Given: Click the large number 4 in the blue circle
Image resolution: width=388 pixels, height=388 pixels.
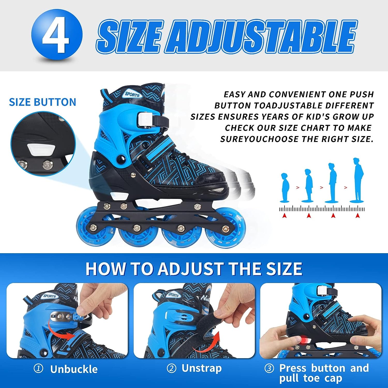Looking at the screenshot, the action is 56,36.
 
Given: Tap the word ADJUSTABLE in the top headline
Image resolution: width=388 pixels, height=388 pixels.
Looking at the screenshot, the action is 261,36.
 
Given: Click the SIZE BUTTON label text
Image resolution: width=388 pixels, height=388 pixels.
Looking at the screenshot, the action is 43,102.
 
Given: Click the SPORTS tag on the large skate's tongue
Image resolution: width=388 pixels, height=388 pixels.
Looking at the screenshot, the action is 132,94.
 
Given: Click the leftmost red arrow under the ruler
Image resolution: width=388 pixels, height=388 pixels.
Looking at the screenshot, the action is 284,215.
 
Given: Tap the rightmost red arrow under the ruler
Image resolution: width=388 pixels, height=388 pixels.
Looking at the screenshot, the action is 357,215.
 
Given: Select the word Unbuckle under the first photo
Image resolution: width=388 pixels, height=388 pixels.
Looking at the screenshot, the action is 74,369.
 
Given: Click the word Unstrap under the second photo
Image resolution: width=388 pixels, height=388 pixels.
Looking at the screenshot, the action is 202,368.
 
